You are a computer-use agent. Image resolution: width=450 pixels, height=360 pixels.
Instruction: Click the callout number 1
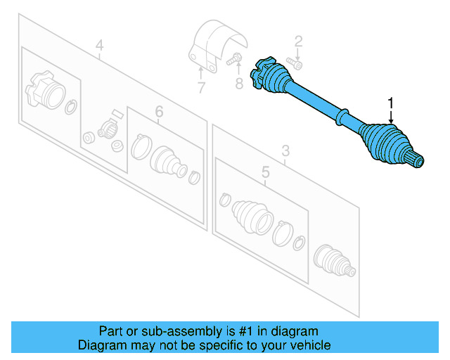point(390,103)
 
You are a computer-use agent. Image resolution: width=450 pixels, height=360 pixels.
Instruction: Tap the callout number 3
point(285,150)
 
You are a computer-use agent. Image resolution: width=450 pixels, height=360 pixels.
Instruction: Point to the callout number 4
point(99,46)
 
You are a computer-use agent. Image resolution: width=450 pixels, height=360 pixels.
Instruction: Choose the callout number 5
point(264,172)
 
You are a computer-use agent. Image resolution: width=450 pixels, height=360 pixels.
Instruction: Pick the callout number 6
point(159,112)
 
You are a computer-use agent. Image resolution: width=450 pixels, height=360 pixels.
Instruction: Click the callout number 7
point(201,88)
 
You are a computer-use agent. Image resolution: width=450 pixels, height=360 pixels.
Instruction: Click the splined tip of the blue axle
point(417,162)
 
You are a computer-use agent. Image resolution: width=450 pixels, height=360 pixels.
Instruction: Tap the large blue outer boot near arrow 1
point(385,143)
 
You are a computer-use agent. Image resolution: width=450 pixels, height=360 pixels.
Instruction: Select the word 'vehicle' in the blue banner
point(309,345)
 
